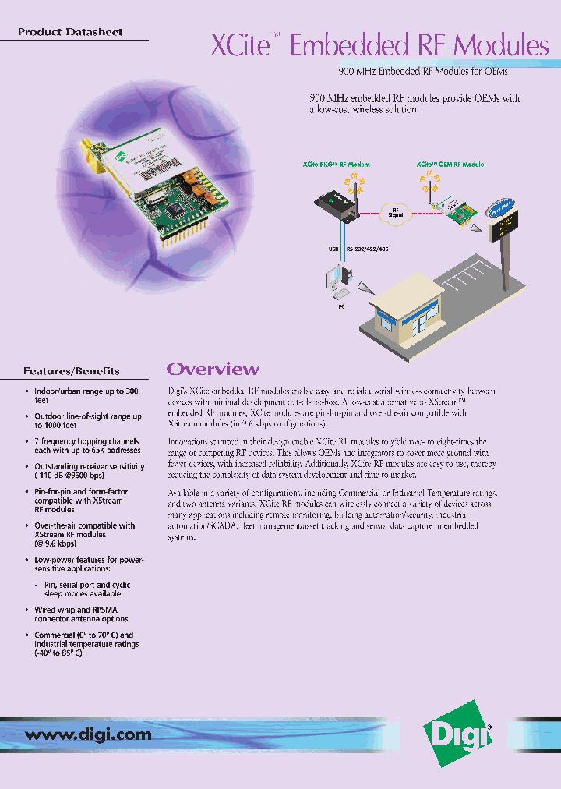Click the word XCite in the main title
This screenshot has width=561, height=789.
click(240, 45)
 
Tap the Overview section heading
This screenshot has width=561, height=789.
click(213, 369)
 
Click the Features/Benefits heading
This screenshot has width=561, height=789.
click(72, 371)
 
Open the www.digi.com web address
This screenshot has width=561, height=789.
click(89, 734)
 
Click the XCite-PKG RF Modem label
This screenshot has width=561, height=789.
click(336, 165)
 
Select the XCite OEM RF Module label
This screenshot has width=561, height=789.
click(450, 165)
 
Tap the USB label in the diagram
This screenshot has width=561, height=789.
click(333, 250)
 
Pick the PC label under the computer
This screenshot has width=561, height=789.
click(340, 306)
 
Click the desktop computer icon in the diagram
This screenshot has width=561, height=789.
click(339, 281)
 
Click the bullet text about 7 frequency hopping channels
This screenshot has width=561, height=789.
click(87, 445)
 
